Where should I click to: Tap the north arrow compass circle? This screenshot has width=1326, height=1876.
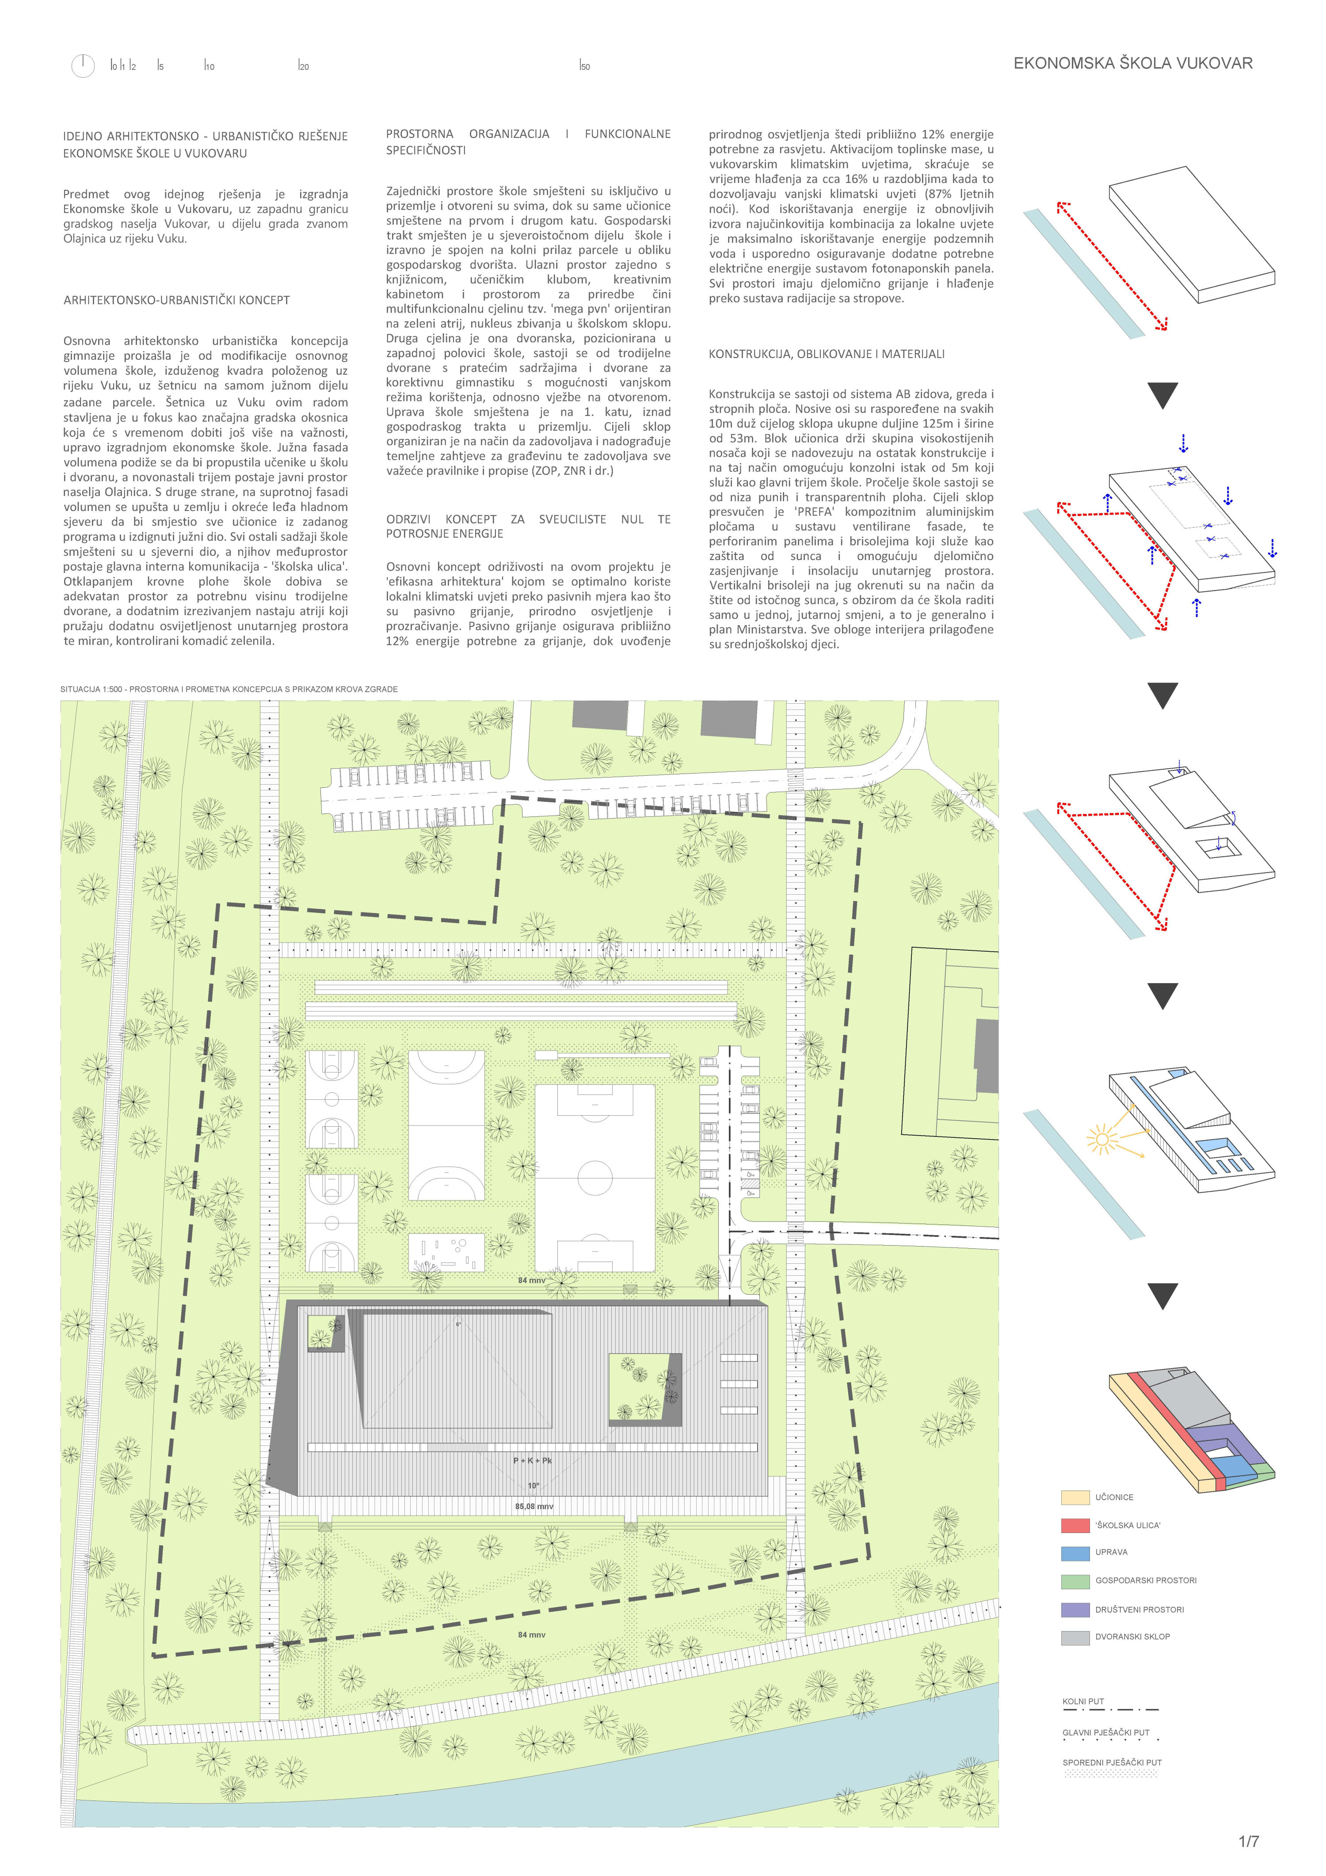(83, 65)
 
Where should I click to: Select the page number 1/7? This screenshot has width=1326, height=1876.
(1248, 1841)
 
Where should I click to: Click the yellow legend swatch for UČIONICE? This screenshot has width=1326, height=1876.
(1075, 1497)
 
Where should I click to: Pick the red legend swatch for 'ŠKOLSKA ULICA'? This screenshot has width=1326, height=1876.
(1075, 1525)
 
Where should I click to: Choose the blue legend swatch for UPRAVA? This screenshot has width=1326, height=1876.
(1075, 1552)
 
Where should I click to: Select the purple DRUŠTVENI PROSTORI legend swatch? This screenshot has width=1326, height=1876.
(1075, 1609)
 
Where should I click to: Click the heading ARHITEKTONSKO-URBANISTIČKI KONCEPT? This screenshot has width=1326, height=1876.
(176, 300)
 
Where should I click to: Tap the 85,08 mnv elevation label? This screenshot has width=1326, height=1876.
(533, 1506)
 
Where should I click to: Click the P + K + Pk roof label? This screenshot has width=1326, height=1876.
(532, 1460)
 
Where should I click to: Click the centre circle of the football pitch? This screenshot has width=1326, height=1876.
(595, 1178)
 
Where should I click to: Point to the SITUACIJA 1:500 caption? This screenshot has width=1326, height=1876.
(229, 689)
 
